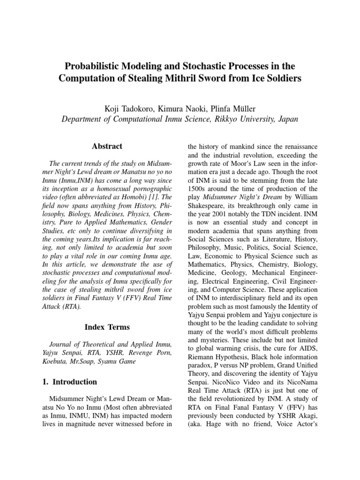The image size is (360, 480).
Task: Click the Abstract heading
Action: [x=107, y=146]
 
